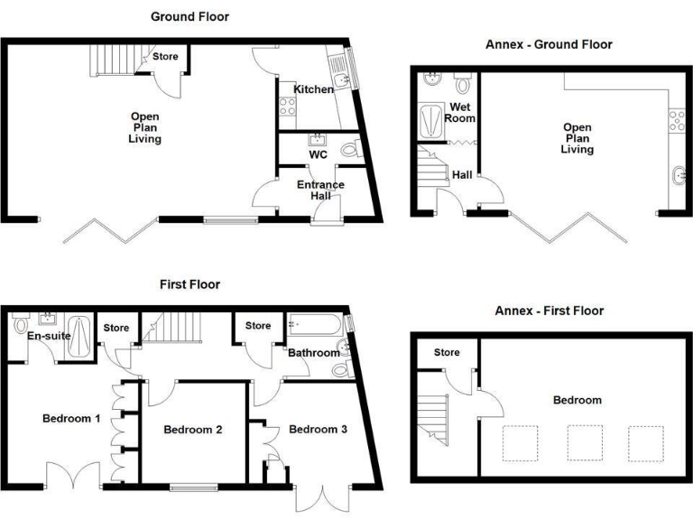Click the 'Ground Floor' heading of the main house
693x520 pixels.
pos(189,16)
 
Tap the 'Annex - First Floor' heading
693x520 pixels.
pos(549,311)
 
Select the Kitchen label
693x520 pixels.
pos(314,89)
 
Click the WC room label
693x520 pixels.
pos(318,154)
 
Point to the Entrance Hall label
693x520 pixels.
pos(321,190)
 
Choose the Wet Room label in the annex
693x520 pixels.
pos(461,112)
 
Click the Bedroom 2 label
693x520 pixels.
pos(193,430)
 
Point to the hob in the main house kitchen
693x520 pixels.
pos(288,107)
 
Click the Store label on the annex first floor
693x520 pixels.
pos(446,352)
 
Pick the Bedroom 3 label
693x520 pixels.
pos(318,430)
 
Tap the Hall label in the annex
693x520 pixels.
pos(462,175)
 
